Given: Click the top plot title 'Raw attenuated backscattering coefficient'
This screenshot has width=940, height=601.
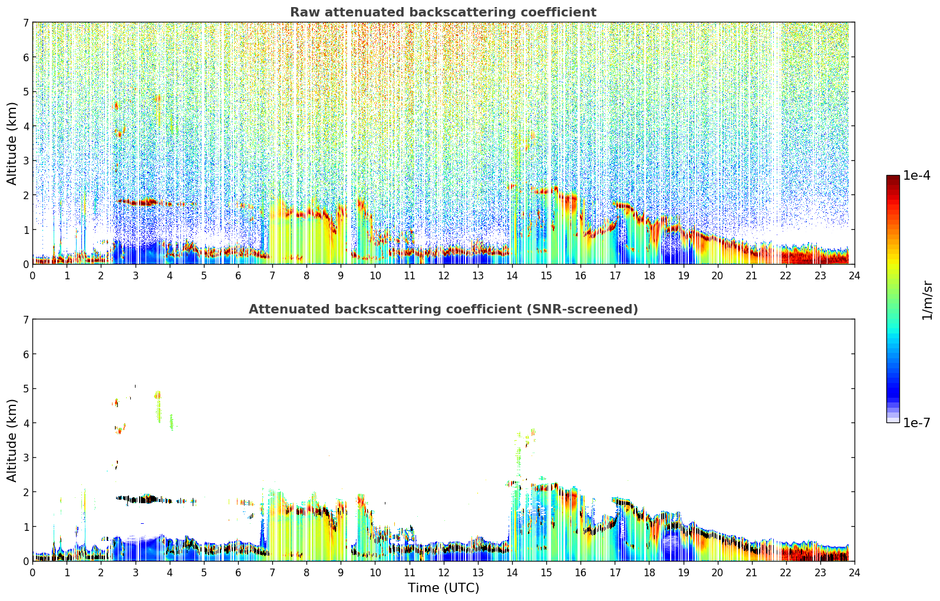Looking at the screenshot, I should tap(443, 12).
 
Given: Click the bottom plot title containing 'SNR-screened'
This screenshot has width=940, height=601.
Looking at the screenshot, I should tap(443, 309).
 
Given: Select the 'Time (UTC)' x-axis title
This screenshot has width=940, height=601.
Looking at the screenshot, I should tap(443, 587).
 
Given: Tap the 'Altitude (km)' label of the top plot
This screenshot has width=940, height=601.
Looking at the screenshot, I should tap(12, 143).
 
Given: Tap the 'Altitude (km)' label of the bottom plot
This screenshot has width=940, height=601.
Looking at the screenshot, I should tap(12, 440).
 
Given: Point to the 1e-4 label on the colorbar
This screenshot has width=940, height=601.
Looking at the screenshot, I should tap(916, 176).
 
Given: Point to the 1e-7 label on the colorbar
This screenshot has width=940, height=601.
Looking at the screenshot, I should tap(916, 422).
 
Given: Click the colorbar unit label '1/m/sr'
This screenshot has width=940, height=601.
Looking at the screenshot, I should tap(927, 300).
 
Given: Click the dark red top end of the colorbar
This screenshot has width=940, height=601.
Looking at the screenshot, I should tap(893, 178).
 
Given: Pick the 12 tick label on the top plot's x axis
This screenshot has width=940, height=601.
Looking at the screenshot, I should tap(443, 275).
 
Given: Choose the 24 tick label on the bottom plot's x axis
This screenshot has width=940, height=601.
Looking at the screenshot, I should tap(854, 572).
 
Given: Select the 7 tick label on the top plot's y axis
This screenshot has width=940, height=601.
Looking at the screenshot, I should tap(25, 23).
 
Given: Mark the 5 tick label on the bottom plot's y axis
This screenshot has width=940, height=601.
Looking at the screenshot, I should tap(25, 389).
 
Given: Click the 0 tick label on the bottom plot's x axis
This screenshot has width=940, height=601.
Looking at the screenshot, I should tap(32, 572).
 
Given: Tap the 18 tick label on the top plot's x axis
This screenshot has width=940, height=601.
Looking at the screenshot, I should tap(649, 275).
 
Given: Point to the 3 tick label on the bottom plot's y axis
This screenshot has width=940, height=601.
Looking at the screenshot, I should tap(25, 458).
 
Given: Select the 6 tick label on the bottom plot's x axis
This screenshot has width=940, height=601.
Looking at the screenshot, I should tap(238, 572).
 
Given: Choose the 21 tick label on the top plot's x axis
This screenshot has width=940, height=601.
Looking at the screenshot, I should tap(751, 275).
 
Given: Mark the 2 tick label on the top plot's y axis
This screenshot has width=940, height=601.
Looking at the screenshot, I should tap(25, 196).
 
